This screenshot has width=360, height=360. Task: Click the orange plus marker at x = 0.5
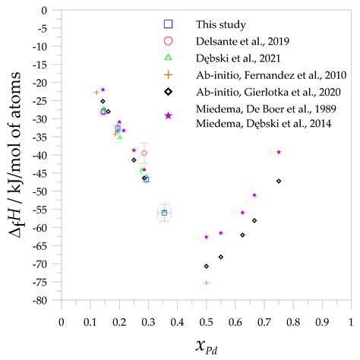pyautogui.click(x=206, y=283)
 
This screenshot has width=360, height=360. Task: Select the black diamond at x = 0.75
pyautogui.click(x=279, y=181)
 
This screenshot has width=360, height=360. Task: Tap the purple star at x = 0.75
pyautogui.click(x=279, y=152)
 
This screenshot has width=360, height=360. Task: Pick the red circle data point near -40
pyautogui.click(x=144, y=153)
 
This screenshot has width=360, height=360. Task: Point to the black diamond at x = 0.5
pyautogui.click(x=206, y=266)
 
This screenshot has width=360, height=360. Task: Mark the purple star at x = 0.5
pyautogui.click(x=206, y=237)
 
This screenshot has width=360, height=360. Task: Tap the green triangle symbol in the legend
pyautogui.click(x=169, y=57)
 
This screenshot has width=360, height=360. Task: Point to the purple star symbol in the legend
pyautogui.click(x=169, y=115)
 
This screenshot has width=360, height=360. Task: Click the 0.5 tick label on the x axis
pyautogui.click(x=206, y=321)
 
